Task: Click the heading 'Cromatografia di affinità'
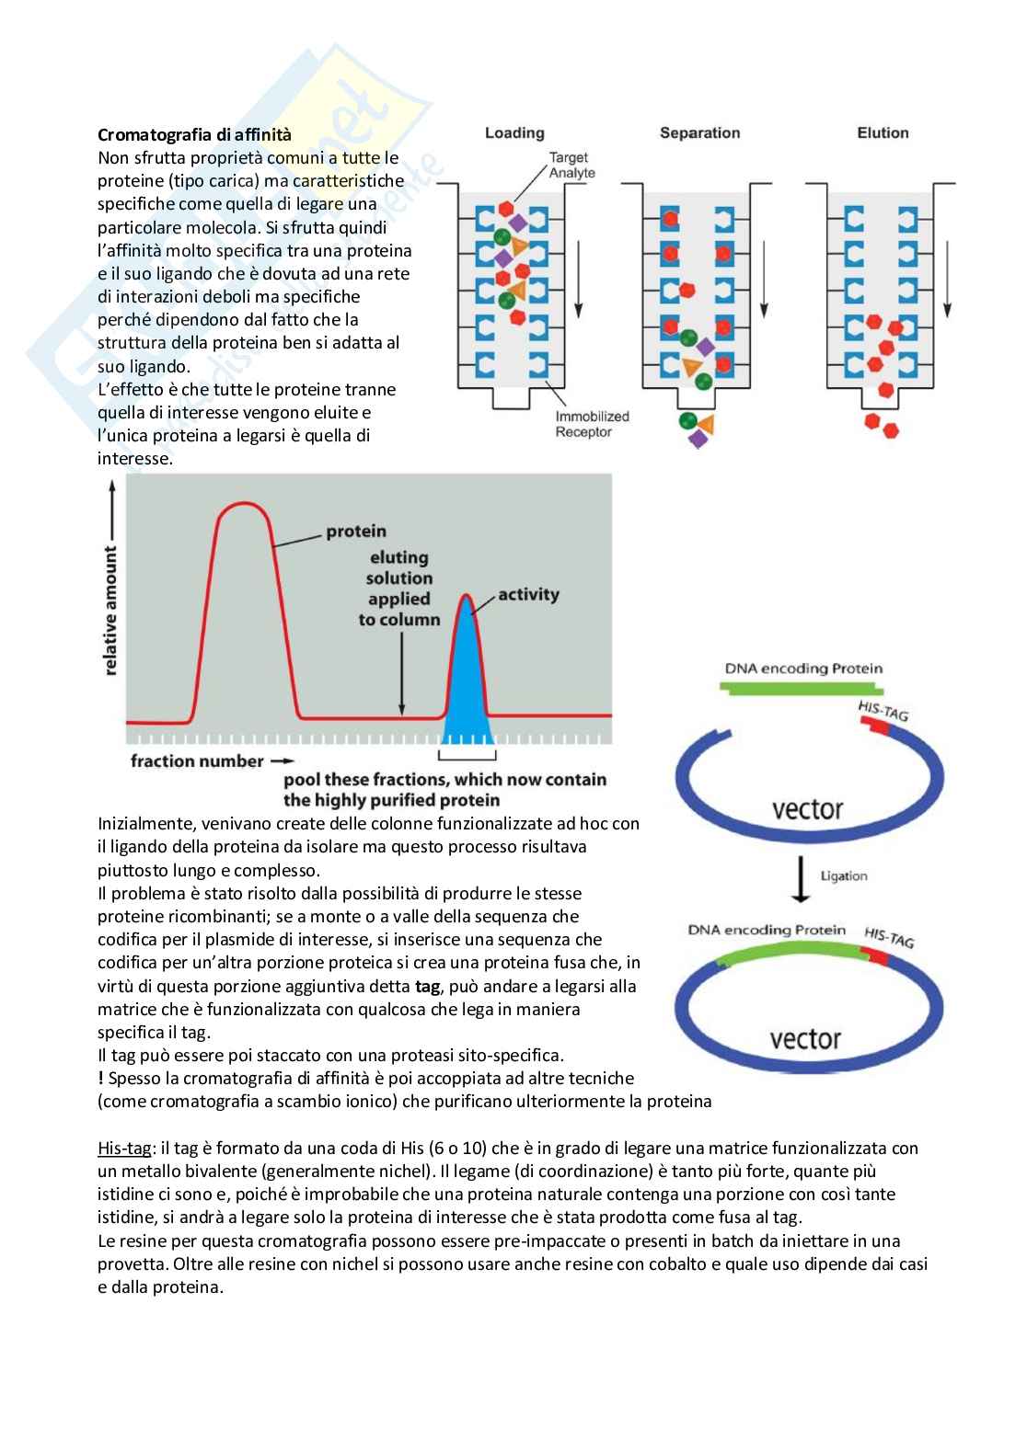pyautogui.click(x=194, y=135)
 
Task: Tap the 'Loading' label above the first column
pyautogui.click(x=514, y=133)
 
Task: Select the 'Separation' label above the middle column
pyautogui.click(x=699, y=133)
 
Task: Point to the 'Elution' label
pyautogui.click(x=883, y=133)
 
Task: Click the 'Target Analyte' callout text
pyautogui.click(x=571, y=166)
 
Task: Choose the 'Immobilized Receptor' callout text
pyautogui.click(x=592, y=424)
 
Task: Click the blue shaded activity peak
pyautogui.click(x=468, y=680)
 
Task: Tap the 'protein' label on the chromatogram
pyautogui.click(x=356, y=532)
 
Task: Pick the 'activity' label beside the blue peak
pyautogui.click(x=528, y=595)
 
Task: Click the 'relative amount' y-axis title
pyautogui.click(x=111, y=611)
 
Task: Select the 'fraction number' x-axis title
pyautogui.click(x=197, y=761)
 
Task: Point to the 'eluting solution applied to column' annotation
pyautogui.click(x=399, y=589)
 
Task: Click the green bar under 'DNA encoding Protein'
pyautogui.click(x=803, y=689)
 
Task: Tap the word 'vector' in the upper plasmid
pyautogui.click(x=807, y=809)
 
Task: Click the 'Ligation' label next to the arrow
pyautogui.click(x=844, y=875)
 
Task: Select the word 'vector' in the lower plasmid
pyautogui.click(x=805, y=1039)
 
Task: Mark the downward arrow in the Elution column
pyautogui.click(x=949, y=267)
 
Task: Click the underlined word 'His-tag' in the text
pyautogui.click(x=124, y=1149)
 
